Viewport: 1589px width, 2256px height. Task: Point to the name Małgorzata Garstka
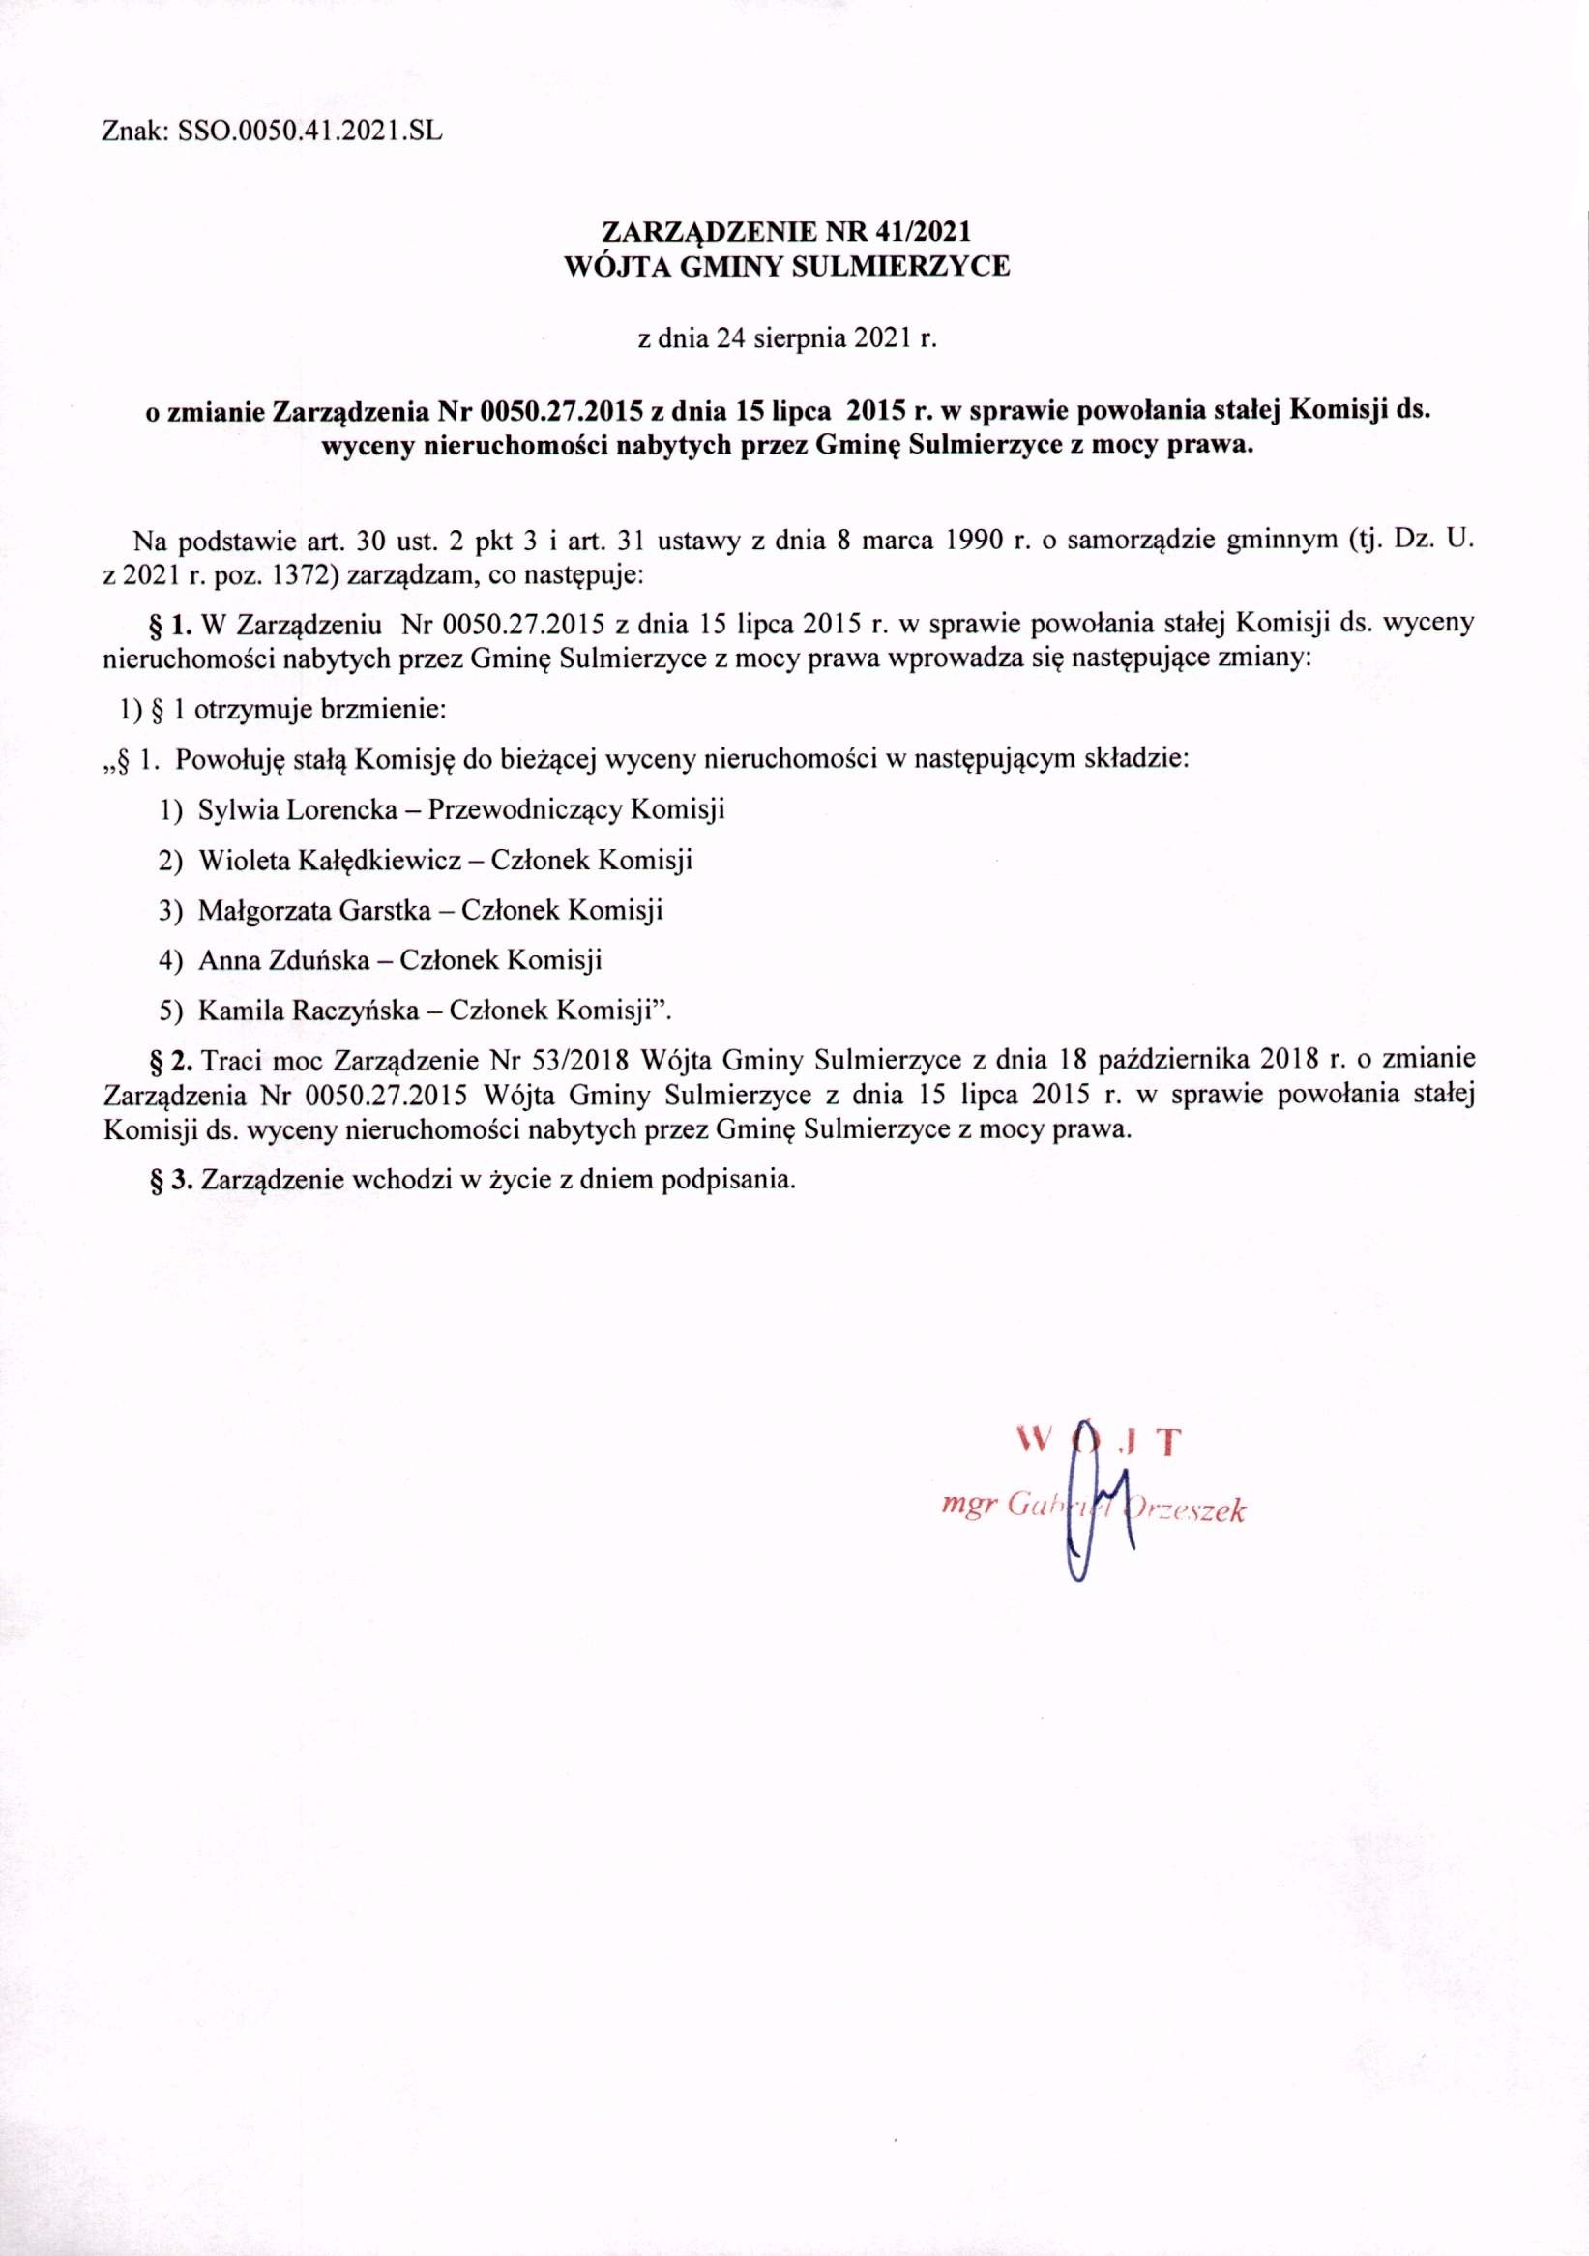pos(314,910)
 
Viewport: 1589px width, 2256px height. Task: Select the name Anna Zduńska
pos(283,959)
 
